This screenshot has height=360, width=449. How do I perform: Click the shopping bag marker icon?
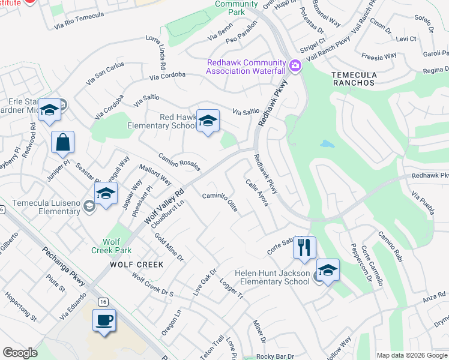click(62, 143)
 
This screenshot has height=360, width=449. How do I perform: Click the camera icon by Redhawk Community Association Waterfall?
click(295, 65)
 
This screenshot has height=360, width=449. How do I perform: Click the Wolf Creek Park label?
click(104, 245)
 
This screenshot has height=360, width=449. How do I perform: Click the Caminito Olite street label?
click(220, 202)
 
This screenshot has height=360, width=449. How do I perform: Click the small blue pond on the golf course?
click(327, 144)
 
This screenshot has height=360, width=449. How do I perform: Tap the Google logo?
click(20, 353)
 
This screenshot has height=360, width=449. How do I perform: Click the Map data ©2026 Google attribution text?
click(411, 355)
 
